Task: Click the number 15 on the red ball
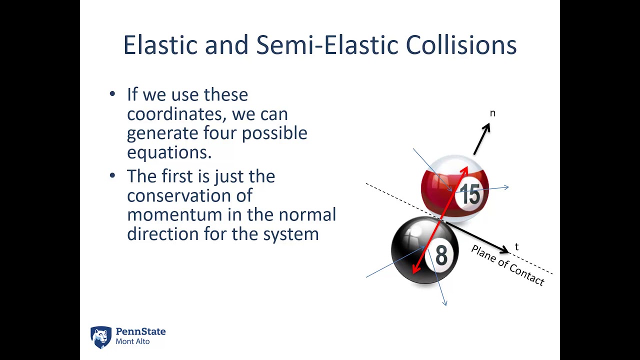470,194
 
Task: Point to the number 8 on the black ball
441,255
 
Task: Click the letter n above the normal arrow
492,113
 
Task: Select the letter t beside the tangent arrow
516,247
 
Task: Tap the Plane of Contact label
507,265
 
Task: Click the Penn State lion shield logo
100,337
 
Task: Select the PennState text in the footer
140,331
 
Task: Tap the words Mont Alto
132,342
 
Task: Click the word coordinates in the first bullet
176,114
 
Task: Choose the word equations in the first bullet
169,152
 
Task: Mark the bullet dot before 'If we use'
112,94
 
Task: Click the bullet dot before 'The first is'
112,175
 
